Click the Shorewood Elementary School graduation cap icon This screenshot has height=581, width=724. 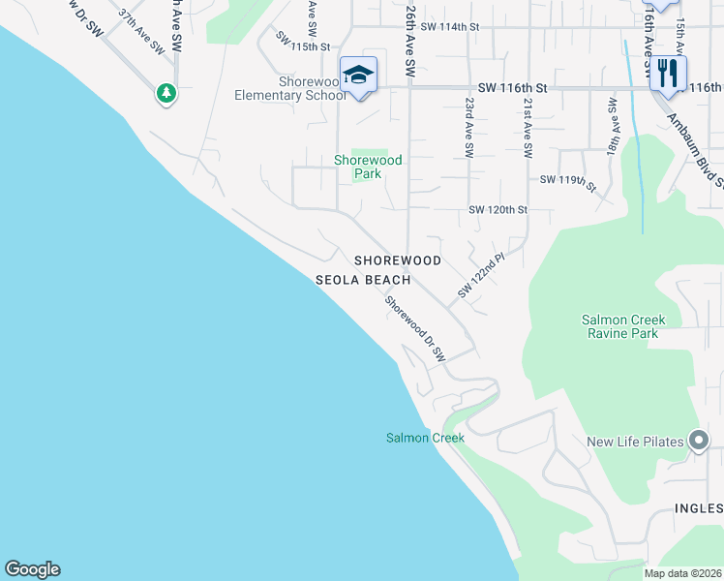pos(358,75)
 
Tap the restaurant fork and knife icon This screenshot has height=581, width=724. pos(668,73)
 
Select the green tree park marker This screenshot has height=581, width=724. pos(167,93)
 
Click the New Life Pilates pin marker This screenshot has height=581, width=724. pos(699,442)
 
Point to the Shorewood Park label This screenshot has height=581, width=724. pos(368,167)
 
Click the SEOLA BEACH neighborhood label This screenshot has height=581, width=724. pos(363,280)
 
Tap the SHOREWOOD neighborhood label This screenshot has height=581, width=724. pos(397,260)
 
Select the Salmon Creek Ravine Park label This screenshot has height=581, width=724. pos(620,326)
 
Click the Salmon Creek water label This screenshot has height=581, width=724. pos(425,438)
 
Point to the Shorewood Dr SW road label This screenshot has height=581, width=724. pos(414,329)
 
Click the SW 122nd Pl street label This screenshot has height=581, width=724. pos(481,276)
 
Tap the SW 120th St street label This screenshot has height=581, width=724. pos(498,209)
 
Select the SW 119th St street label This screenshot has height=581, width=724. pos(568,180)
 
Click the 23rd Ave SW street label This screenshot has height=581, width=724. pos(468,127)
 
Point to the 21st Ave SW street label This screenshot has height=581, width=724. pos(528,127)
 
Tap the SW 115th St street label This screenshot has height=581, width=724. pos(303,41)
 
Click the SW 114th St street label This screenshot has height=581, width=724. pos(450,27)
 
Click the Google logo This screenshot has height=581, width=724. pos(32,569)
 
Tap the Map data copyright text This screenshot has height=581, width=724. pos(683,573)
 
